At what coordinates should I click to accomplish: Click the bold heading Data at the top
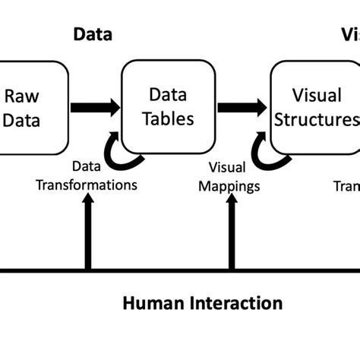pos(92,34)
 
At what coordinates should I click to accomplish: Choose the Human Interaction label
pos(202,305)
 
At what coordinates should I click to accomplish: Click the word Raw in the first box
pos(22,96)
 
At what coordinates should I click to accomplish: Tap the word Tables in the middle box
pos(168,119)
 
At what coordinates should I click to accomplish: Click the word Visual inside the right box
pos(313,96)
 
